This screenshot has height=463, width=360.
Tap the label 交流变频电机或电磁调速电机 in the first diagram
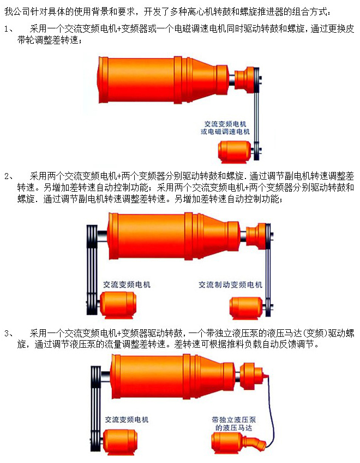pyautogui.click(x=225, y=128)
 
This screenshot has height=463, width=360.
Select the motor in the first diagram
pyautogui.click(x=235, y=152)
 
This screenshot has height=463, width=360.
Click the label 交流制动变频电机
pyautogui.click(x=230, y=284)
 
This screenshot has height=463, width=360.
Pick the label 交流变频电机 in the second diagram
pyautogui.click(x=127, y=284)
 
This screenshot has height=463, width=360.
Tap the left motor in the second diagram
pyautogui.click(x=118, y=305)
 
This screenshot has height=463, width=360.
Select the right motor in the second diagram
pyautogui.click(x=247, y=308)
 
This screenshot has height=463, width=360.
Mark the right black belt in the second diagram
pyautogui.click(x=268, y=270)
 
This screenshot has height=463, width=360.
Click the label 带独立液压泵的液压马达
pyautogui.click(x=233, y=424)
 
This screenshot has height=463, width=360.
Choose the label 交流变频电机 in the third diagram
pyautogui.click(x=127, y=419)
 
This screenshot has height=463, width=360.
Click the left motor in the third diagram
pyautogui.click(x=120, y=442)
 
